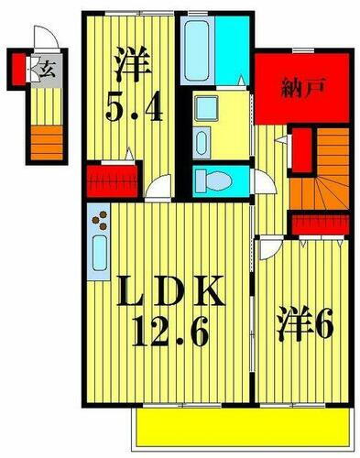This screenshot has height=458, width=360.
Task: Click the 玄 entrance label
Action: (x=45, y=66)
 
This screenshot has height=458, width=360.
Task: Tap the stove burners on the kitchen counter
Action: (x=100, y=221)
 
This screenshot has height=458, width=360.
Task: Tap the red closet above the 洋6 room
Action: (x=322, y=224)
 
